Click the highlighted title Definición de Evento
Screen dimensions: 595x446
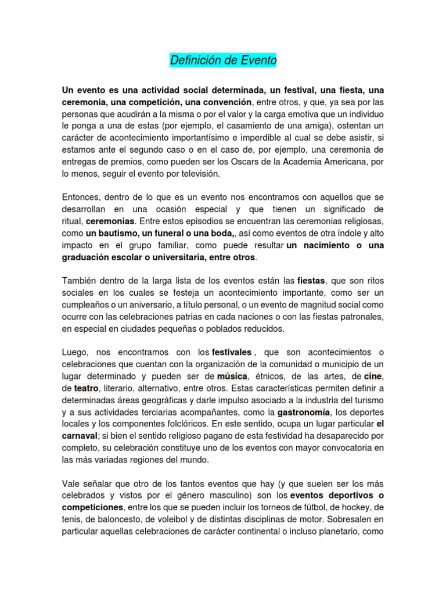(223, 60)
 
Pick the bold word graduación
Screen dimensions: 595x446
(88, 257)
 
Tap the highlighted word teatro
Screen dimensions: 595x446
(87, 388)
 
